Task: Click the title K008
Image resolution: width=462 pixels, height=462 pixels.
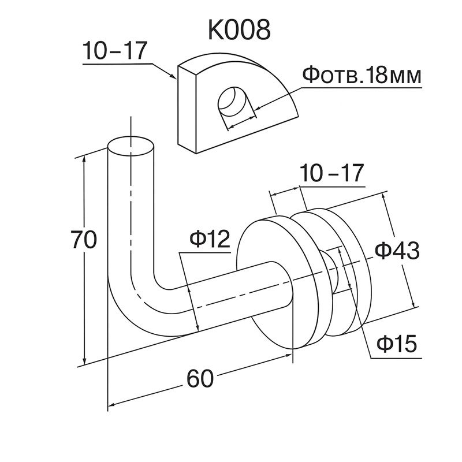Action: (x=239, y=29)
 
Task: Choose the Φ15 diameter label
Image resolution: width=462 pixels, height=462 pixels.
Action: (x=396, y=345)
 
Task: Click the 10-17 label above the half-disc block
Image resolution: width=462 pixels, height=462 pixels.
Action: (x=115, y=53)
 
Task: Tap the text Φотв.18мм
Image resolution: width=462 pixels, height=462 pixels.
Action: (x=362, y=76)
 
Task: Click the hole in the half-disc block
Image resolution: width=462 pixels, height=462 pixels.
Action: (x=234, y=105)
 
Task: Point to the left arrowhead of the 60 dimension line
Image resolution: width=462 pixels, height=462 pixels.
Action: (x=113, y=405)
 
